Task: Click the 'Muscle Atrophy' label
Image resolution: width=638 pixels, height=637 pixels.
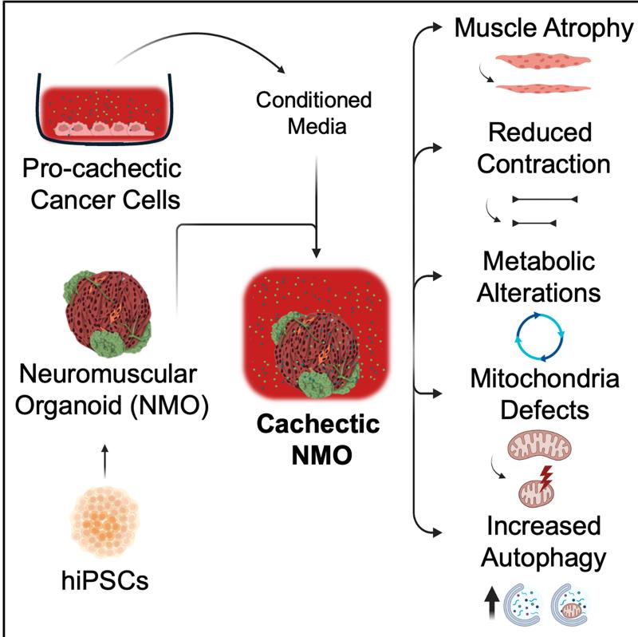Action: (x=543, y=30)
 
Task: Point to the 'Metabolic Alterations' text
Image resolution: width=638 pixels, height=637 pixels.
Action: (x=540, y=277)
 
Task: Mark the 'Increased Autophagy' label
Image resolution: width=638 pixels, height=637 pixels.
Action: (x=540, y=540)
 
